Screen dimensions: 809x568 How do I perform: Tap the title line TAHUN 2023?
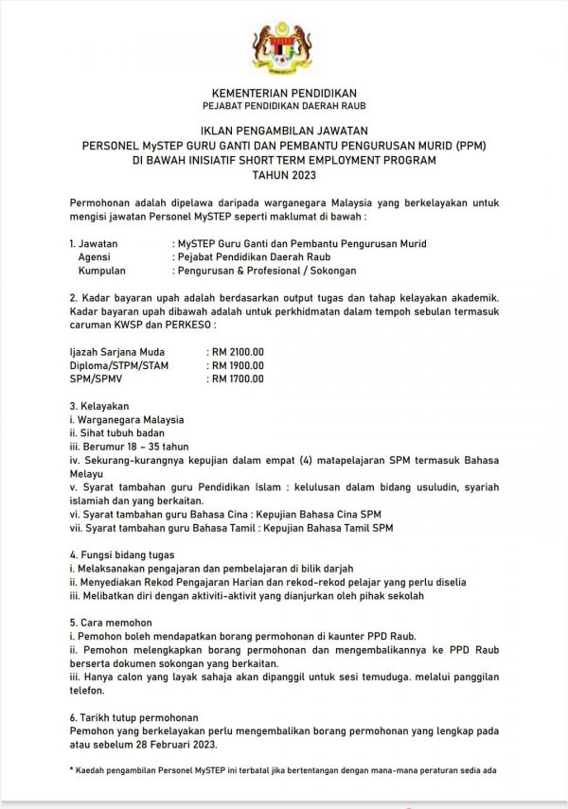[x=283, y=176]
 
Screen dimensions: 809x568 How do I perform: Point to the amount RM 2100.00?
[x=238, y=352]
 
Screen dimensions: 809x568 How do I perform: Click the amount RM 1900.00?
[x=238, y=364]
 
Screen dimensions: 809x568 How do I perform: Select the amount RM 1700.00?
[x=238, y=378]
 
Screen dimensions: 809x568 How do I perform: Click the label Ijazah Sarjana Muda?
[x=111, y=352]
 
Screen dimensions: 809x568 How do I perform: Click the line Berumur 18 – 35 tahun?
[x=123, y=446]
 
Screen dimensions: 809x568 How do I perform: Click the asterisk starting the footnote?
[x=73, y=772]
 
